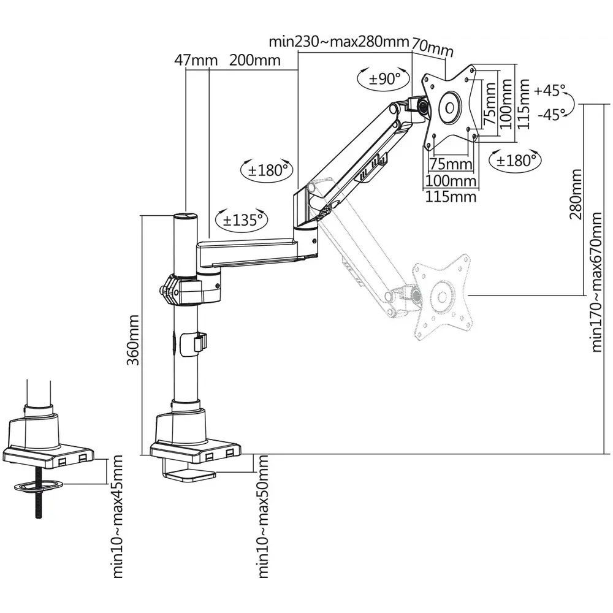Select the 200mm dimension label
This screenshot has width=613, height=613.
click(x=255, y=60)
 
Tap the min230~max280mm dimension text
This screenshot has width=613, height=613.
click(x=339, y=42)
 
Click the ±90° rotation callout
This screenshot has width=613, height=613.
click(x=384, y=78)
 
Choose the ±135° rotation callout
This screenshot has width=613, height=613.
click(x=242, y=219)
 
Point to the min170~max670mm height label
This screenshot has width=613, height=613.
click(x=598, y=282)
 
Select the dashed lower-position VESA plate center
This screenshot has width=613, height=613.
click(x=441, y=298)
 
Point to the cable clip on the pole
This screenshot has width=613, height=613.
click(x=197, y=342)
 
